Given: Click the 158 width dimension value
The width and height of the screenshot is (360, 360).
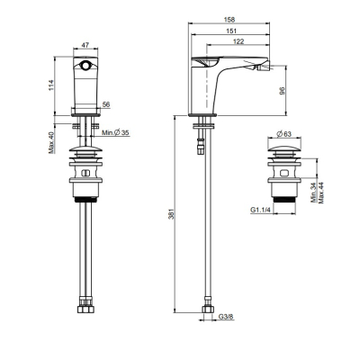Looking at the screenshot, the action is tap(229, 20).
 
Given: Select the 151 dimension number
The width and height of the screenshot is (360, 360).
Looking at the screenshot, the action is tap(232, 31).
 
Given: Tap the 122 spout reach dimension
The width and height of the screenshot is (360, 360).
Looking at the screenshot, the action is tap(238, 41).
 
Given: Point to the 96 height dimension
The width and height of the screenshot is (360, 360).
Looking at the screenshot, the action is tap(282, 91).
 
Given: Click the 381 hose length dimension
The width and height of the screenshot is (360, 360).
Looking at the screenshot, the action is tap(171, 214).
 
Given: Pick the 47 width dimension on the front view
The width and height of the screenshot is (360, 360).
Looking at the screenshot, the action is tap(85, 45).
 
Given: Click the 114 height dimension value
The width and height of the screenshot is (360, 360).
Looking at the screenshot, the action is tap(50, 85).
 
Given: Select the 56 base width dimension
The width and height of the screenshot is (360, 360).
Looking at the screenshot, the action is tap(106, 104).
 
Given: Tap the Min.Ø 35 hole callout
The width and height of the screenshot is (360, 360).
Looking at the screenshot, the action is tap(115, 132).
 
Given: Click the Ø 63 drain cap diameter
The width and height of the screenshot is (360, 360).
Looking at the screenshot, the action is tap(283, 134).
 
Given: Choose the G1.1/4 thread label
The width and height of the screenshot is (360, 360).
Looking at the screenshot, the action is tap(260, 211).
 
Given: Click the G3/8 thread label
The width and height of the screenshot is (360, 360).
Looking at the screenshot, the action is tap(226, 317).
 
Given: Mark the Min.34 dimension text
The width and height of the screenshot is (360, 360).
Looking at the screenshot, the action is tap(314, 193).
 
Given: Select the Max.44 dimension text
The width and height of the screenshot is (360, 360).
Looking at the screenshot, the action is tap(321, 193).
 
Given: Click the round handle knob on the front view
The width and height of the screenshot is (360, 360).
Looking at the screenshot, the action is tap(85, 65).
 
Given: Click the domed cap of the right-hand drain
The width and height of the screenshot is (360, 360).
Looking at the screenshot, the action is tap(284, 148).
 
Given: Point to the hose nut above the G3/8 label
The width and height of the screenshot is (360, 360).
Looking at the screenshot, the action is tap(208, 309).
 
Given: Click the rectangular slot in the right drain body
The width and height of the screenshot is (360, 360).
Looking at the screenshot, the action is tap(283, 173).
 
